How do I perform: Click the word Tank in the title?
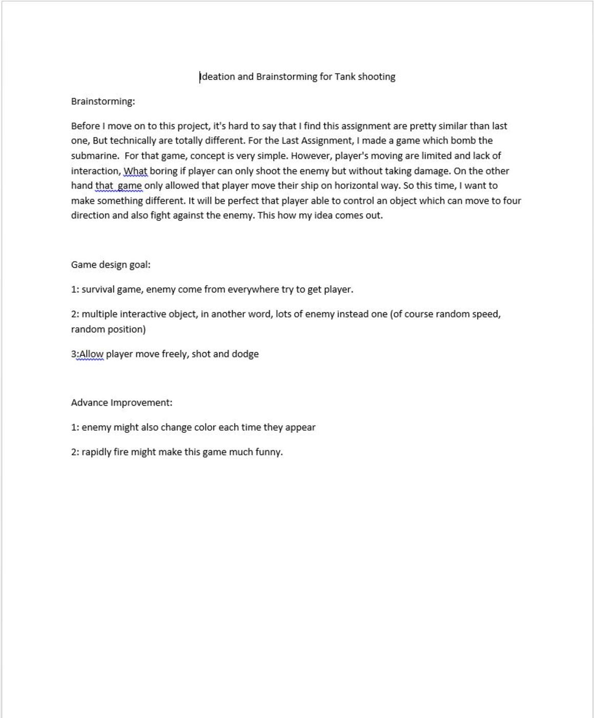(345, 77)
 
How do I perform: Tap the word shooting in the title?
(377, 77)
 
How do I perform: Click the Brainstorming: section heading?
(103, 102)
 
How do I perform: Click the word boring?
(163, 171)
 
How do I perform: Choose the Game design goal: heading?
(111, 265)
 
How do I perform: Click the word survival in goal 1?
(98, 290)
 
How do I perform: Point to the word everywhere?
(253, 290)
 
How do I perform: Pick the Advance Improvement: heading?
(121, 403)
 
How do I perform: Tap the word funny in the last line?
(268, 452)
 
